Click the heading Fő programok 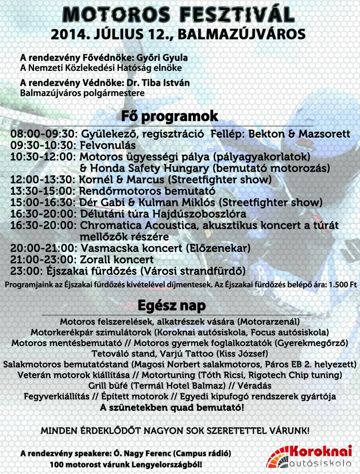[170, 116]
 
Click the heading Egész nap [172, 306]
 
